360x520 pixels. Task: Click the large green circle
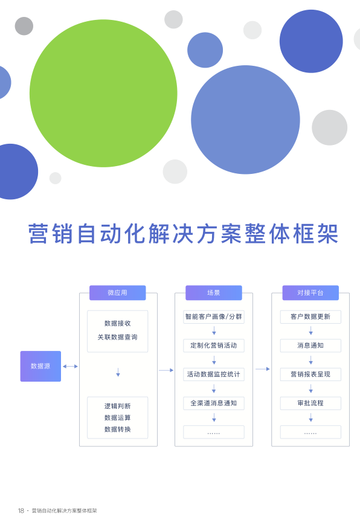pos(103,93)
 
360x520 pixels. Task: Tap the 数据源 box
pos(40,366)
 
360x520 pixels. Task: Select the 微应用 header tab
pos(117,293)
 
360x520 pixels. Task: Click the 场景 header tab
pos(214,293)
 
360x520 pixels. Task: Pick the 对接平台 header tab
pos(310,293)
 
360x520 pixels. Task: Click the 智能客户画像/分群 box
pos(214,316)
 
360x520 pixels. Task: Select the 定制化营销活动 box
pos(214,345)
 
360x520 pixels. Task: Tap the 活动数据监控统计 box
pos(214,374)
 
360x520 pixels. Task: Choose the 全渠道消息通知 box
pos(214,403)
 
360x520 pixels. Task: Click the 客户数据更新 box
pos(310,316)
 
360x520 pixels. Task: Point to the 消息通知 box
pos(310,345)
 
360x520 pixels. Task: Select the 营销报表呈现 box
pos(310,374)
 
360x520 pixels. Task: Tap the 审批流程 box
pos(310,403)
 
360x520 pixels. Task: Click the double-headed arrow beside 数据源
pos(70,367)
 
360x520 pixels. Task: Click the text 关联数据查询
pos(117,337)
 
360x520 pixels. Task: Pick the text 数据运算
pos(117,417)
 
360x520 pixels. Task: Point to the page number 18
pos(21,511)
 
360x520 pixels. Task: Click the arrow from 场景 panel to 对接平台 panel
pos(263,369)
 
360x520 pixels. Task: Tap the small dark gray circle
pos(24,26)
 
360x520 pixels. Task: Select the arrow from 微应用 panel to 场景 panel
pos(166,370)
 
